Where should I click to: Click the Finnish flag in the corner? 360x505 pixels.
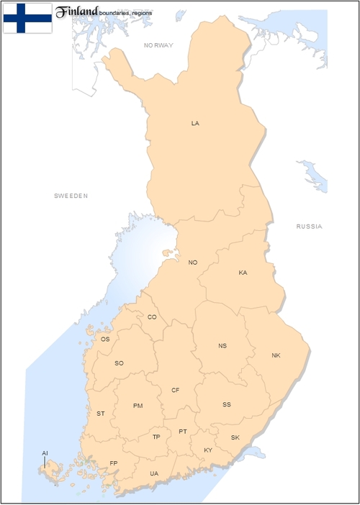pos(27,18)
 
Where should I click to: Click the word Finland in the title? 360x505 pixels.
pos(77,12)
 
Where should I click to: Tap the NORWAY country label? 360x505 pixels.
pos(158,45)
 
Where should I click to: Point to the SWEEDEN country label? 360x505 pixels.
pos(71,196)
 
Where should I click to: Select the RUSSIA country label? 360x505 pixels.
pos(310,227)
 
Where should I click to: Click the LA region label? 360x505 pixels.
pos(195,123)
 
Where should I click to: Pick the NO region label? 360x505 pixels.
pos(193,263)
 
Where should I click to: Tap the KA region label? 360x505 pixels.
pos(243,273)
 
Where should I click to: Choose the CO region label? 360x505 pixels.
pos(152,317)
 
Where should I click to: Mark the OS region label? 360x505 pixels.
pos(105,339)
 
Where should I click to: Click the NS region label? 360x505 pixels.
pos(222,346)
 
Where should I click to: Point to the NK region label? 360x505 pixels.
pos(276,355)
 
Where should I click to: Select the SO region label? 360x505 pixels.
pos(120,363)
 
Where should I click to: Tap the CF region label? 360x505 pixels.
pos(176,390)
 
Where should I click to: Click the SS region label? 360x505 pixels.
pos(227,404)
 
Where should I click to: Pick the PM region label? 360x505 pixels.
pos(138,406)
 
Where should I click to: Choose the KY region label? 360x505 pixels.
pos(208,450)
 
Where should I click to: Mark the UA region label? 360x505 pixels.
pos(154,473)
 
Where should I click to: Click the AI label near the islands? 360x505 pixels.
pos(45,452)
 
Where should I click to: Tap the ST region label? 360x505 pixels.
pos(101,414)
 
